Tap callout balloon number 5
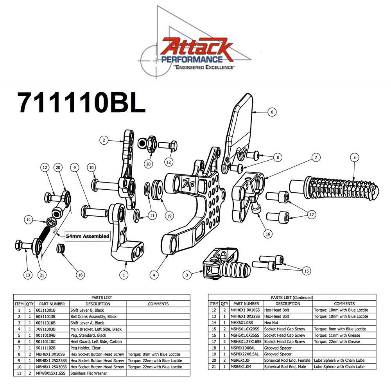point(354,158)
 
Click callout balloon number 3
point(187,275)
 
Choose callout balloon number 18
point(80,275)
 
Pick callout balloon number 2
point(103,140)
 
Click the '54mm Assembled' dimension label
point(87,236)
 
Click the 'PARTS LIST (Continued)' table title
point(292,298)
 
